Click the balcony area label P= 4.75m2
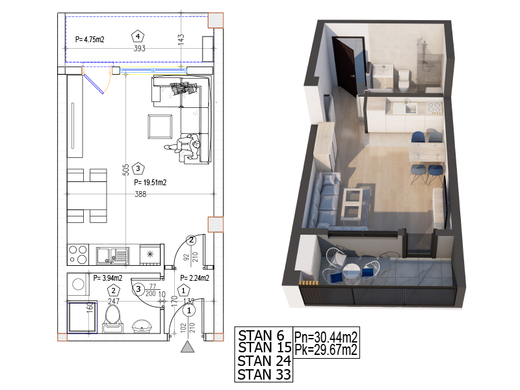(90, 40)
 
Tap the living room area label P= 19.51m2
(150, 183)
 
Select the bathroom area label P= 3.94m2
(107, 278)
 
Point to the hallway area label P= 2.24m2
(194, 278)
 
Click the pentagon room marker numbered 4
(138, 36)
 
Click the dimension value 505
(126, 170)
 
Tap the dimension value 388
(140, 194)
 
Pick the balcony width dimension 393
(139, 48)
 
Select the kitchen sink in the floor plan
(112, 255)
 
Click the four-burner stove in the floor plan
(78, 255)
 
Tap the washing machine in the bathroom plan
(78, 285)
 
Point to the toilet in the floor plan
(112, 318)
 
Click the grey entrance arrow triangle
(187, 346)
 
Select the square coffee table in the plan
(160, 126)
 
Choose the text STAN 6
(261, 335)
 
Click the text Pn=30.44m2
(326, 337)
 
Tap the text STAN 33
(264, 375)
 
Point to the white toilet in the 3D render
(403, 81)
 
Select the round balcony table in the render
(351, 272)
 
